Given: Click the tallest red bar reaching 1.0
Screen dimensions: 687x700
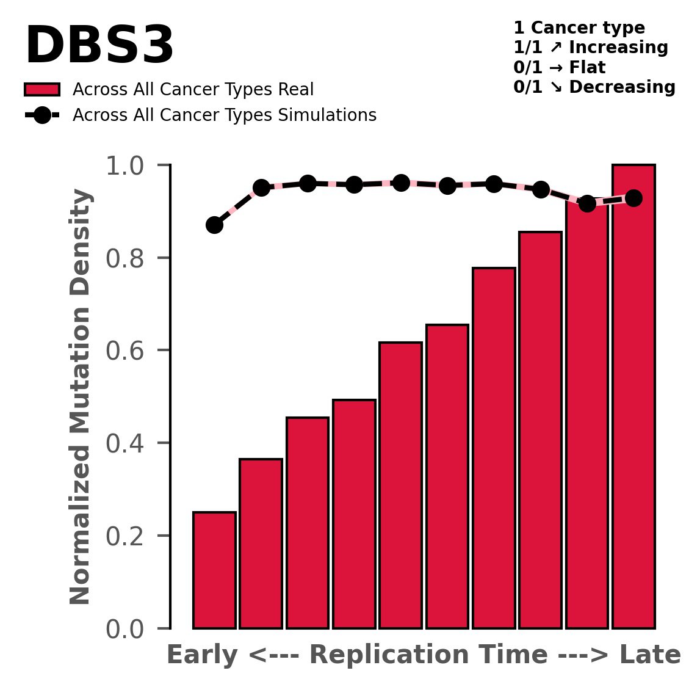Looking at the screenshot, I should (633, 397).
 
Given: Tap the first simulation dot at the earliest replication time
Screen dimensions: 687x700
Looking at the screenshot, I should (214, 225).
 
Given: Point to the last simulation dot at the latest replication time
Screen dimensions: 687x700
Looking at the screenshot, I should (633, 198).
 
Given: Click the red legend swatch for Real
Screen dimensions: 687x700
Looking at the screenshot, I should (42, 90).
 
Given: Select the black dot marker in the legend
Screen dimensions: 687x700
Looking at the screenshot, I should (42, 115).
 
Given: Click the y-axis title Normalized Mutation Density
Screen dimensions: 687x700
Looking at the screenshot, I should (81, 397).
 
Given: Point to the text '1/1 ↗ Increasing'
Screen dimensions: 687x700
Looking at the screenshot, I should (591, 48).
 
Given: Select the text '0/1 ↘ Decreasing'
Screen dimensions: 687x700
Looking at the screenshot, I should (594, 87).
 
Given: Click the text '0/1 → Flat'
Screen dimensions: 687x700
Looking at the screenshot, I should (560, 67).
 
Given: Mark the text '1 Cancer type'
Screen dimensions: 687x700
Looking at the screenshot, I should (579, 28).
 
